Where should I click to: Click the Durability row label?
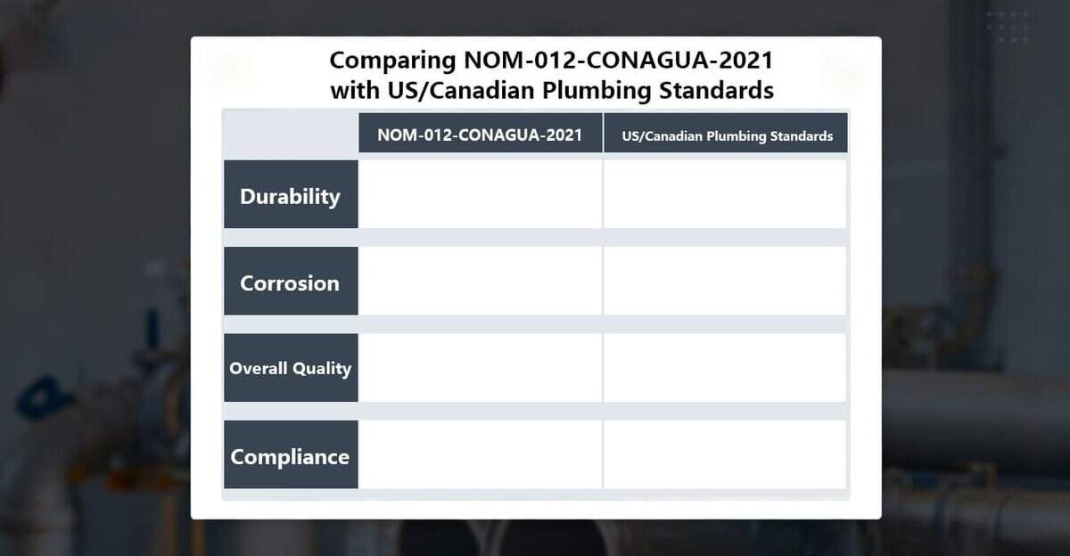pyautogui.click(x=290, y=195)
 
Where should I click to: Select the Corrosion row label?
pyautogui.click(x=290, y=282)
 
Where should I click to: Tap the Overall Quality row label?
pyautogui.click(x=290, y=368)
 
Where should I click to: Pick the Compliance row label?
pyautogui.click(x=290, y=456)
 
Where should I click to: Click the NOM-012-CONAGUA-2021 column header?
pyautogui.click(x=480, y=135)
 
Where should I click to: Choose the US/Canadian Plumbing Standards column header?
pyautogui.click(x=727, y=135)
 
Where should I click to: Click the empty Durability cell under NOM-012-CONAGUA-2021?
pyautogui.click(x=480, y=194)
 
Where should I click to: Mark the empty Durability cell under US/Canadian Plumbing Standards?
pyautogui.click(x=725, y=194)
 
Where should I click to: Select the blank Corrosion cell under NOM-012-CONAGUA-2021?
pyautogui.click(x=480, y=281)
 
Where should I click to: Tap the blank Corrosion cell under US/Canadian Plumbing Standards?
pyautogui.click(x=725, y=281)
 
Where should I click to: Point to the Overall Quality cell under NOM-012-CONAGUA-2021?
pyautogui.click(x=480, y=368)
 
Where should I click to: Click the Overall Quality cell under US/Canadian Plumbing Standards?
pyautogui.click(x=725, y=368)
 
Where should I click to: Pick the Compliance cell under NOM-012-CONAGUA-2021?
pyautogui.click(x=480, y=454)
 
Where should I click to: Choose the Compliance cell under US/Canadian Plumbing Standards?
pyautogui.click(x=725, y=454)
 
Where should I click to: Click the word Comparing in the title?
pyautogui.click(x=392, y=61)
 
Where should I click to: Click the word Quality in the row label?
pyautogui.click(x=321, y=368)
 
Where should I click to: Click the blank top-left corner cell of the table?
pyautogui.click(x=290, y=134)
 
